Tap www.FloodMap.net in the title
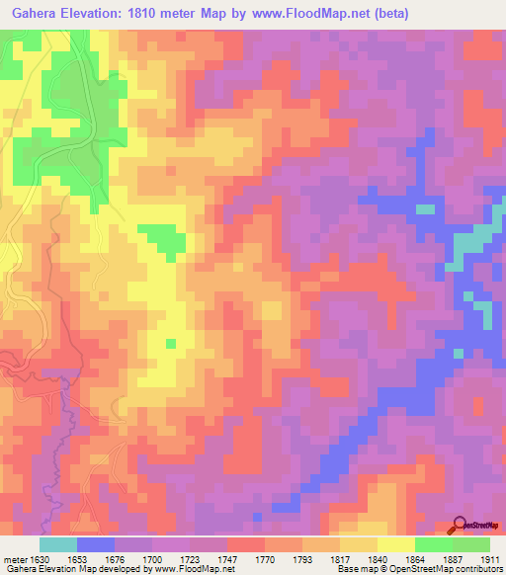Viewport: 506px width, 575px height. click(312, 14)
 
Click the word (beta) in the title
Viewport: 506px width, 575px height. click(390, 14)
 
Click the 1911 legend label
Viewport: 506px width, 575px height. click(489, 559)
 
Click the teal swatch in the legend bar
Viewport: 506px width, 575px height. click(57, 544)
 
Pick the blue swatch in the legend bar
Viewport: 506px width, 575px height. click(96, 544)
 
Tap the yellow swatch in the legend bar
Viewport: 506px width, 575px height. click(395, 544)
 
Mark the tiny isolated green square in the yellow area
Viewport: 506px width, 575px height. click(170, 343)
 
